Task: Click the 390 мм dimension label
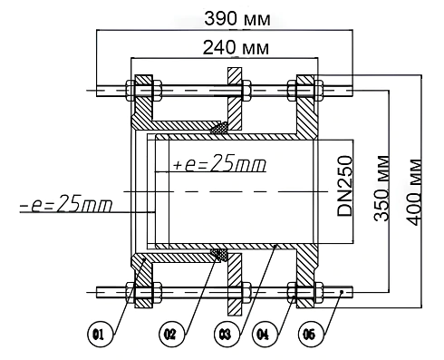point(237,19)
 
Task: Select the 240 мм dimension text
point(236,48)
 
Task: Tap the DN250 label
point(345,186)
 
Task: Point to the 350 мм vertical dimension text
point(381,188)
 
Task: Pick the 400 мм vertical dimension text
point(413,192)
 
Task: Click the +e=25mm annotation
point(219,163)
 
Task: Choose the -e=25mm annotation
point(66,203)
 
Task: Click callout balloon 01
point(100,335)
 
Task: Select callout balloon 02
point(171,335)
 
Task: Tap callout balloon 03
point(227,335)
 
